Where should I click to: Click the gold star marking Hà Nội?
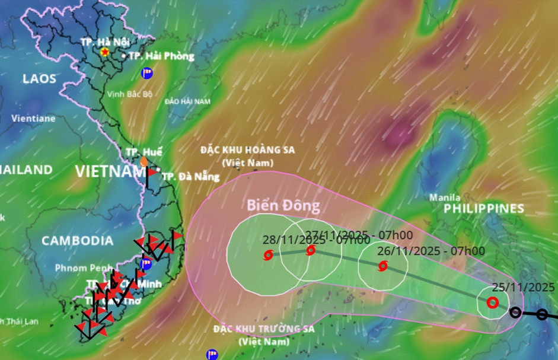pos(105,52)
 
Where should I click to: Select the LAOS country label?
pos(39,78)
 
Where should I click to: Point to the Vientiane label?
pos(33,118)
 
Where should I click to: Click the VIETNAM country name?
pos(110,172)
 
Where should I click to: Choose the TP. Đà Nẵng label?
pos(190,177)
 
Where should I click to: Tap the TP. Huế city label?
pos(144,152)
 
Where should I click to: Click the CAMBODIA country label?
pos(77,241)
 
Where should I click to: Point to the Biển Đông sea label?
pos(283,206)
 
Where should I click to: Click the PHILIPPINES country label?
pos(484,209)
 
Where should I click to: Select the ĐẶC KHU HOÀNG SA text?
pos(248,150)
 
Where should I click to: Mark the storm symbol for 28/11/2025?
pos(268,256)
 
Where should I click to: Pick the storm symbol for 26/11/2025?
pos(383,266)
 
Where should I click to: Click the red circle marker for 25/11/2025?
pos(492,302)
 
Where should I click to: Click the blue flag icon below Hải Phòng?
pos(146,73)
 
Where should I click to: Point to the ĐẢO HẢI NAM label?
pos(187,102)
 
